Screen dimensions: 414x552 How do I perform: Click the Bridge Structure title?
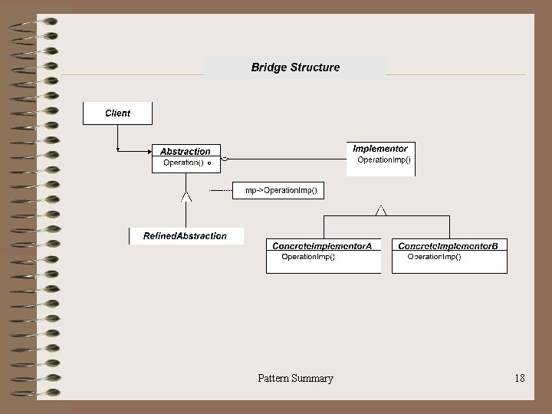[x=295, y=67]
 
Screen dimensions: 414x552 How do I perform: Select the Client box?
[x=117, y=113]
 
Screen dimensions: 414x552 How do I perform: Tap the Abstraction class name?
[x=186, y=151]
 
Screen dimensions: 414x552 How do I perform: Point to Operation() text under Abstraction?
[x=183, y=163]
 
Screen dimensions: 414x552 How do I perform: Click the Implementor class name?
[x=380, y=148]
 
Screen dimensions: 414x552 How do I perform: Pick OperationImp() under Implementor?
[x=384, y=160]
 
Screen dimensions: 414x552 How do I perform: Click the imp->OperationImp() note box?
[x=279, y=189]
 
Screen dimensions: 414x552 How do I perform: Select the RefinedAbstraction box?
[x=186, y=236]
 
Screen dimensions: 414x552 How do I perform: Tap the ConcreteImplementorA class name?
[x=322, y=245]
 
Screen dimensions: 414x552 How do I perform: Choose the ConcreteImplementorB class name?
[x=449, y=245]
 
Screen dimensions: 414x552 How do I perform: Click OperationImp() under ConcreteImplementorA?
[x=308, y=257]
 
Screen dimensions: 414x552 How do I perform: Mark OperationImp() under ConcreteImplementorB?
[x=434, y=257]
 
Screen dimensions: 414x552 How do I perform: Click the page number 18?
[x=520, y=378]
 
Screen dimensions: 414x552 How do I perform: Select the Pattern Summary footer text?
[x=295, y=378]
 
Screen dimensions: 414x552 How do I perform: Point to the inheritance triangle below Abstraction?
[x=186, y=197]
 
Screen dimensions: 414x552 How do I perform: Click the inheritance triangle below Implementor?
[x=381, y=209]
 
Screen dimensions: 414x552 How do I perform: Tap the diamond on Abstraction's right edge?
[x=225, y=159]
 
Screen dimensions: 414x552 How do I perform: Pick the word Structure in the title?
[x=314, y=67]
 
